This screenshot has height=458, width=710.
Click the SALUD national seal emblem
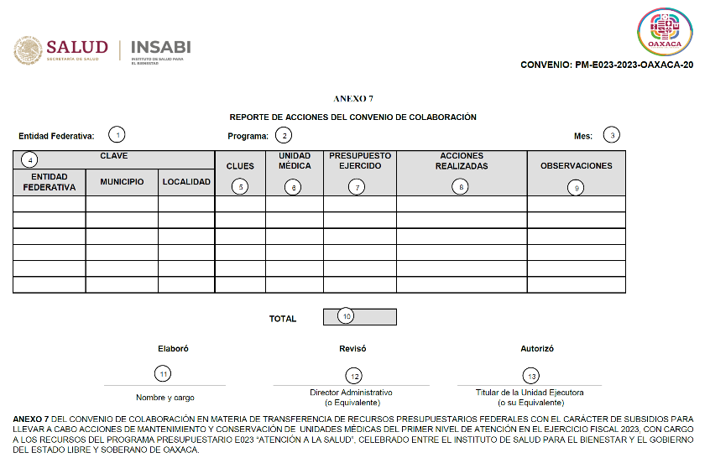click(28, 50)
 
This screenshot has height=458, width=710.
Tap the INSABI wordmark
click(161, 47)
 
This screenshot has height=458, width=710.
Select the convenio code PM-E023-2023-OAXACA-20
click(607, 65)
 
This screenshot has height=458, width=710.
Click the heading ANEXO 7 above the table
click(353, 99)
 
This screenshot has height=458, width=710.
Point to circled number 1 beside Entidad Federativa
click(118, 134)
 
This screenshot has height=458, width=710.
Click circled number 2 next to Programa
click(285, 135)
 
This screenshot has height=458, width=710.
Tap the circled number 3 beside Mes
click(613, 135)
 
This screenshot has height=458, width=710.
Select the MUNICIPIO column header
click(122, 182)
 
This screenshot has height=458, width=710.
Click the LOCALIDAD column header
click(186, 182)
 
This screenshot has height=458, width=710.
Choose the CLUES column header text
click(240, 166)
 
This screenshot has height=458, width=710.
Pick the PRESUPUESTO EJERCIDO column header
click(359, 161)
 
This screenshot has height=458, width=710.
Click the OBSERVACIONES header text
click(576, 166)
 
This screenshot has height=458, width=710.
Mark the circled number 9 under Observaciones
click(576, 188)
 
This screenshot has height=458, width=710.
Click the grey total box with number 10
click(359, 317)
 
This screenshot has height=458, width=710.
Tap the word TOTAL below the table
click(283, 319)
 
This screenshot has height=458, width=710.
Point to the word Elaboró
click(173, 348)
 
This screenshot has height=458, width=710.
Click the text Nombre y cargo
click(164, 398)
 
